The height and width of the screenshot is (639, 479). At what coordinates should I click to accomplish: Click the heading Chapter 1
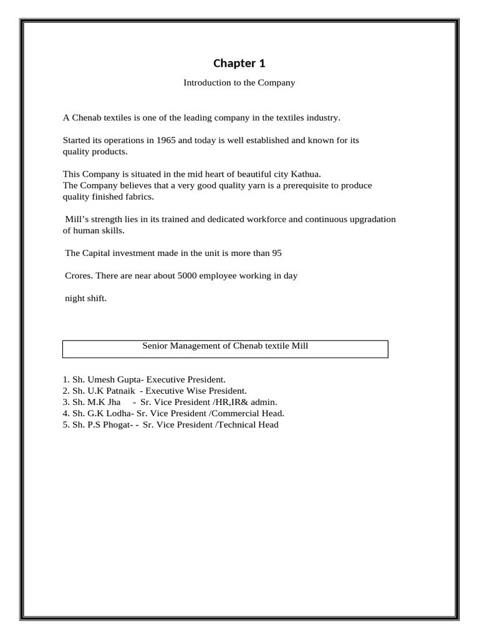[239, 63]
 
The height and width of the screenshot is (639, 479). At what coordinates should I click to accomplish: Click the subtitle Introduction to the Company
[239, 82]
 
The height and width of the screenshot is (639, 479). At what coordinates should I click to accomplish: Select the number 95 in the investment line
[278, 253]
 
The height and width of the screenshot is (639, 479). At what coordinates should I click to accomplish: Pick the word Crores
[79, 276]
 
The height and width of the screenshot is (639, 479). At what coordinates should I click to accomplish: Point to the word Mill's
[77, 219]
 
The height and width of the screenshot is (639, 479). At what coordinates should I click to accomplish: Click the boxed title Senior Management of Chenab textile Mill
[225, 345]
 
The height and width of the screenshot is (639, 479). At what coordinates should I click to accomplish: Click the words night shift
[86, 298]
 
